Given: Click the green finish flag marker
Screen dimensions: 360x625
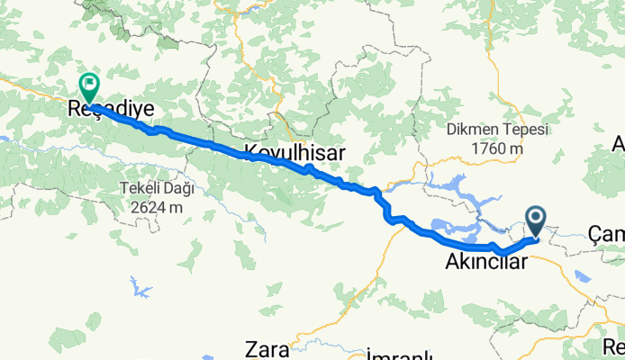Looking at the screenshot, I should coord(90,87).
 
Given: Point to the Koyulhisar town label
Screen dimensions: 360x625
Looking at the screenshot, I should coord(294,153).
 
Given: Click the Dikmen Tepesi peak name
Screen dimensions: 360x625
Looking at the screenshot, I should coord(496,130).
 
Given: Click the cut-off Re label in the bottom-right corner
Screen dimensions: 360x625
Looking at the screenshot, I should coord(614,346).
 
